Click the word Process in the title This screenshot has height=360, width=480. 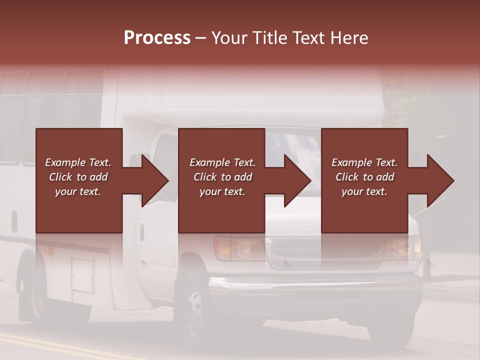pos(157,38)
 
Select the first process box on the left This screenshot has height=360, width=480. pos(79,210)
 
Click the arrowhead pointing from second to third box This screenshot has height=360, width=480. pos(296,180)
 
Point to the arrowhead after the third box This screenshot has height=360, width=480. pos(439,180)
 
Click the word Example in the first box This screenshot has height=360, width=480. pos(65,162)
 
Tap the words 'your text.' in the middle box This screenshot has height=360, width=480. pos(222,191)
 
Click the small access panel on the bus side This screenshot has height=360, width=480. pos(82,275)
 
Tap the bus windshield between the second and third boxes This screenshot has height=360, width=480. pos(292,147)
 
